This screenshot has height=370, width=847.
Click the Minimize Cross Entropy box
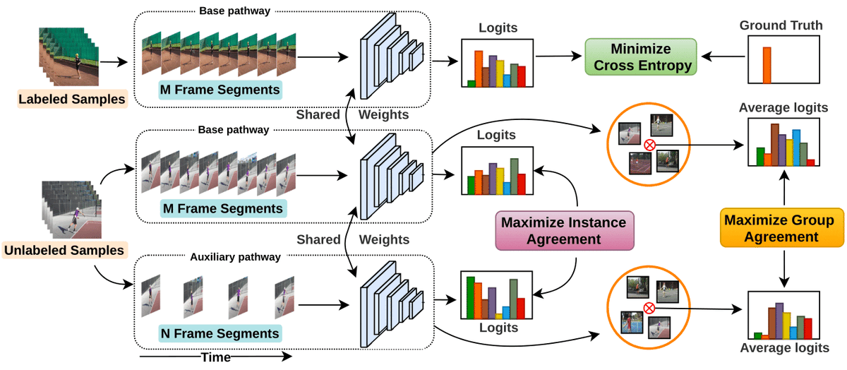[x=641, y=56]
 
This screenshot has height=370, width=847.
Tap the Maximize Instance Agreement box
[x=565, y=231]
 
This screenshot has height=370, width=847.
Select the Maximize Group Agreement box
[x=782, y=228]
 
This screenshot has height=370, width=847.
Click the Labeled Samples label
[x=72, y=99]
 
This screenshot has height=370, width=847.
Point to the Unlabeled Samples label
[x=64, y=251]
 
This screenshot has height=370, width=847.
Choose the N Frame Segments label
[x=220, y=333]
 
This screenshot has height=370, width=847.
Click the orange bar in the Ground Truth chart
[x=767, y=65]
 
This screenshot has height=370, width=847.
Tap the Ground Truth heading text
[x=781, y=25]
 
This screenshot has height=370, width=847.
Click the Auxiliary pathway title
[x=235, y=257]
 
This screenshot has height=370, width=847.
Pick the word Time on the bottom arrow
[x=215, y=357]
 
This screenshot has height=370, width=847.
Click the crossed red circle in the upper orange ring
[x=649, y=145]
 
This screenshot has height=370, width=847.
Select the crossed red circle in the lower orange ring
[x=649, y=309]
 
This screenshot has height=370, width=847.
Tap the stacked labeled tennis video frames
[x=69, y=56]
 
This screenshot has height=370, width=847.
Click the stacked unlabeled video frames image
[x=71, y=210]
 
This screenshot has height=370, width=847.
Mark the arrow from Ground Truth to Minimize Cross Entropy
[x=723, y=56]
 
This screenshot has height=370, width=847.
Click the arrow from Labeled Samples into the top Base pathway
[x=114, y=61]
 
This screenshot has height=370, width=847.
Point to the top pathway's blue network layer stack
[x=392, y=56]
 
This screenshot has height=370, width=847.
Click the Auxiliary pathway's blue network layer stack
[x=392, y=304]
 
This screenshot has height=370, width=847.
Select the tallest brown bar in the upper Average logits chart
[x=775, y=145]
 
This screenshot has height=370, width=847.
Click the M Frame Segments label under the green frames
[x=220, y=90]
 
